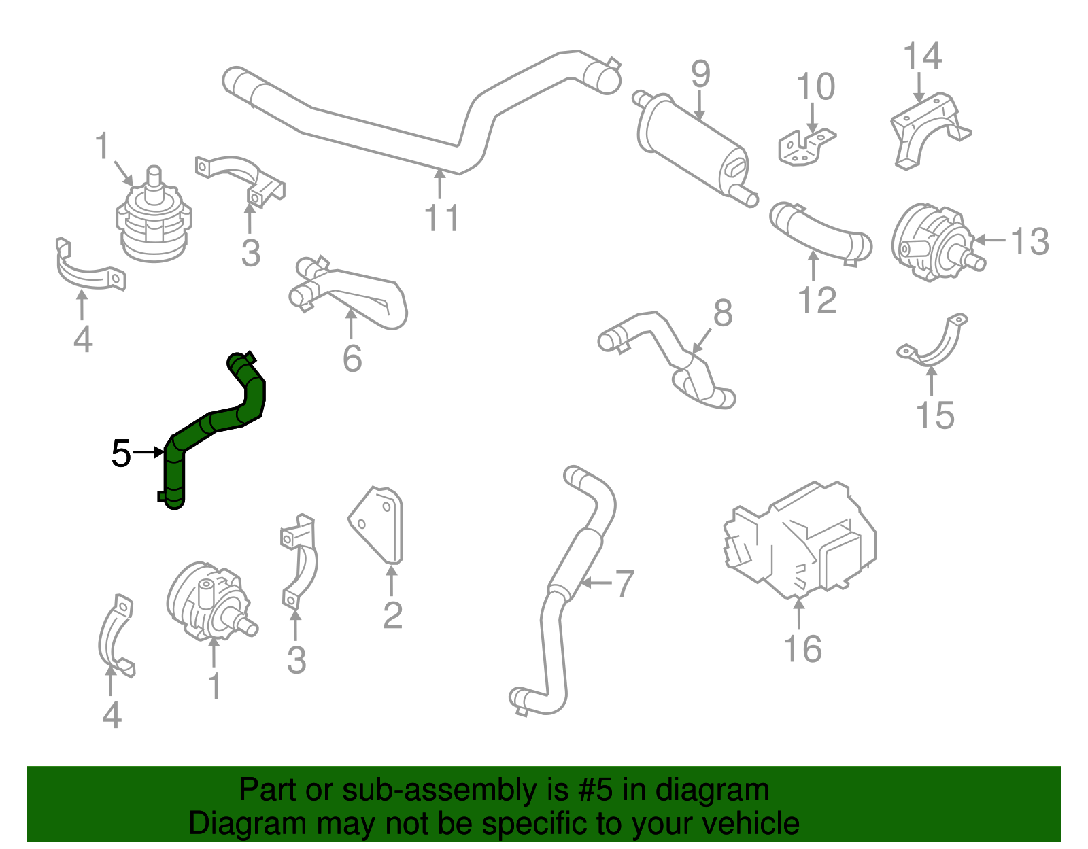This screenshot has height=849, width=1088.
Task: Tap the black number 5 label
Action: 120,453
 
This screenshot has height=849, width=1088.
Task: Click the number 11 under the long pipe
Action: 441,218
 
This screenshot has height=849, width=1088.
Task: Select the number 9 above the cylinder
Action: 700,74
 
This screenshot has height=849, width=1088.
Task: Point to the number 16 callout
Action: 802,648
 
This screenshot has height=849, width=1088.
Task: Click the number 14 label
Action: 922,56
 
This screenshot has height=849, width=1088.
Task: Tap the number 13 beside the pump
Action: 1030,242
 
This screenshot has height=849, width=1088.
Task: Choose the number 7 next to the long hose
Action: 624,583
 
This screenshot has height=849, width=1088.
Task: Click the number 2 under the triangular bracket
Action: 392,615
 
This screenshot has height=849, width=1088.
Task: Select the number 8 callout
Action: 723,313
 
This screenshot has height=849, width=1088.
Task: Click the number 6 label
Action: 352,359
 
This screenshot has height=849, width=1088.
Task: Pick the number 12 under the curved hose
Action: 817,300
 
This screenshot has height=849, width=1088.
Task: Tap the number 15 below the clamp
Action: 935,415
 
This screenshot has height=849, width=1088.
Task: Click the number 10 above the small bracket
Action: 815,88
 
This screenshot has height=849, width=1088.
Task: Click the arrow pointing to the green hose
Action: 148,452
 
